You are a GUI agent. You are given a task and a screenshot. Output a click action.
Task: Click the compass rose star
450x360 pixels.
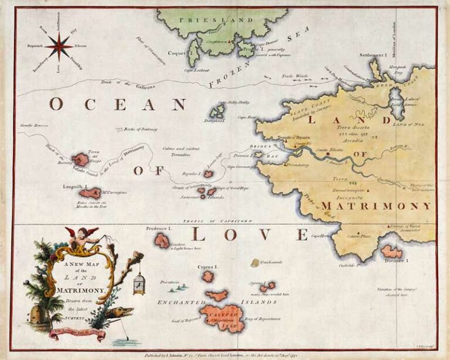tap(59, 45)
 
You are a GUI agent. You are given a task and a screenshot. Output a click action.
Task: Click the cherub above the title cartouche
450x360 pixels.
tap(77, 236)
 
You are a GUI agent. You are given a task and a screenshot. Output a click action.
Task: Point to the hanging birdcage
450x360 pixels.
tap(138, 284)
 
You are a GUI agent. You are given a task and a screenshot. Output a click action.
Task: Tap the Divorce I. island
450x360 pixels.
tap(391, 252)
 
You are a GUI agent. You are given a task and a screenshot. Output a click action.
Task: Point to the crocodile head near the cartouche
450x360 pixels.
tap(122, 313)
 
